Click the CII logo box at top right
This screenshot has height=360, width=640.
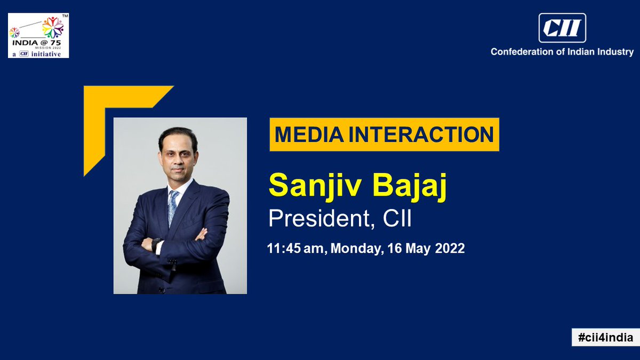[x=562, y=28]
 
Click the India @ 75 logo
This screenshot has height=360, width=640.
[x=38, y=35]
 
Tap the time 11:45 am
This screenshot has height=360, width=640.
[x=296, y=249]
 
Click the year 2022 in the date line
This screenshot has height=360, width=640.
[x=449, y=249]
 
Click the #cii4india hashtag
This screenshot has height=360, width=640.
[x=605, y=337]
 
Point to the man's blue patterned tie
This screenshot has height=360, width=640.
[x=172, y=205]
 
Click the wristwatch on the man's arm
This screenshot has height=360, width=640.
[x=156, y=244]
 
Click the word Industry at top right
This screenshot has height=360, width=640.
[x=615, y=52]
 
